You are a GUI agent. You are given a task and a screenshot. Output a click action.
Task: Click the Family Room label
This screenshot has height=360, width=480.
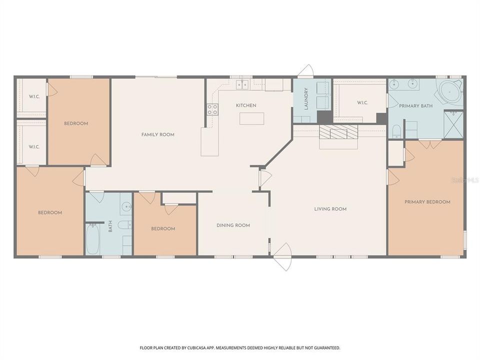click(x=157, y=134)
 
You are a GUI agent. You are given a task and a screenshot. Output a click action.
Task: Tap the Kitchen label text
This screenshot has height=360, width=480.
click(x=246, y=105)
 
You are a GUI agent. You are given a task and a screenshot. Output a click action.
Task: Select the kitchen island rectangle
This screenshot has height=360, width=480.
click(x=251, y=118)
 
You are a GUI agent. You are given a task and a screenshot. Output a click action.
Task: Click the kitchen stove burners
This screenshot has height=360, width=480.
click(x=212, y=109)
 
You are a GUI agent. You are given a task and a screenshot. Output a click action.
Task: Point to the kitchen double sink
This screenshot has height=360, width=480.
click(x=242, y=84)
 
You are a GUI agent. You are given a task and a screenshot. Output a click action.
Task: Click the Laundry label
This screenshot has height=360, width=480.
click(x=306, y=98)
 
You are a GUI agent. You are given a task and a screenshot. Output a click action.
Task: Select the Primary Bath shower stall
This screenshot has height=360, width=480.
click(x=453, y=125)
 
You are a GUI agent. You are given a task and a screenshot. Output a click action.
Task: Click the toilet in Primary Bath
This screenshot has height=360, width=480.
click(x=396, y=131)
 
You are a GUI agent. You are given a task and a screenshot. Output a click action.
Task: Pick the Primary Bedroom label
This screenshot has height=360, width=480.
click(x=427, y=201)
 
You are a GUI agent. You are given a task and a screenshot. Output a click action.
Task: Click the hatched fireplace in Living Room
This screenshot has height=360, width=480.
click(x=338, y=132)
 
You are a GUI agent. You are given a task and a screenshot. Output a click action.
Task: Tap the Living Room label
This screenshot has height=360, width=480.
click(x=330, y=209)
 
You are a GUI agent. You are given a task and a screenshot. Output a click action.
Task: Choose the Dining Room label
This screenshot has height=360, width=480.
click(x=233, y=225)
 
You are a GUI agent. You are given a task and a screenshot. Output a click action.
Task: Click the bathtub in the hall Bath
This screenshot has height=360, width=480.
click(x=92, y=239)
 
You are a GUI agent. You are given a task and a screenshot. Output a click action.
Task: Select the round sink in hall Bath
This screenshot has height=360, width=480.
click(x=126, y=206)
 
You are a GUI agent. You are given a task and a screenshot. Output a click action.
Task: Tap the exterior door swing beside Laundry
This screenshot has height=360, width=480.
click(x=306, y=71)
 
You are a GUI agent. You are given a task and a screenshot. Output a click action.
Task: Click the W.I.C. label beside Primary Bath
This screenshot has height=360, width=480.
click(x=362, y=102)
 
